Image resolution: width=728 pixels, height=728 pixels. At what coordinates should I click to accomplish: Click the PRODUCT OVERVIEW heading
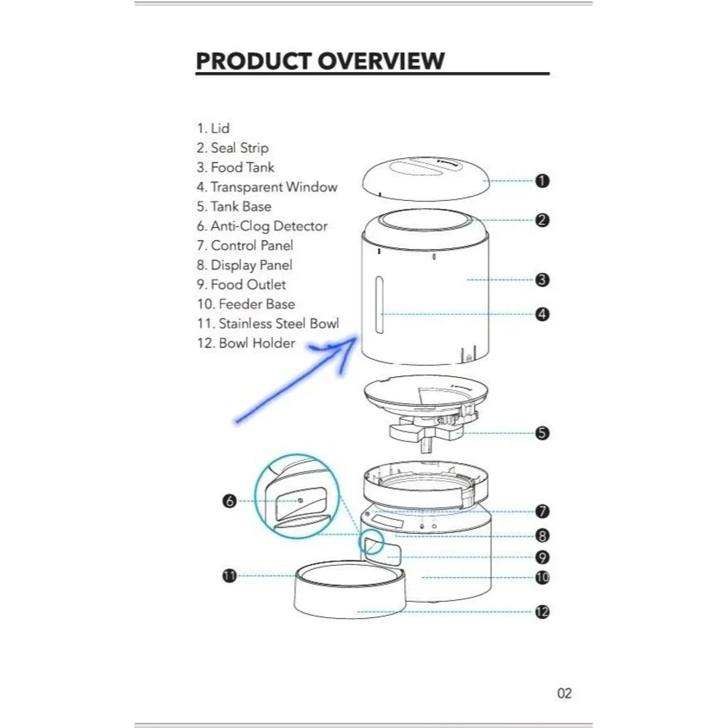(320, 61)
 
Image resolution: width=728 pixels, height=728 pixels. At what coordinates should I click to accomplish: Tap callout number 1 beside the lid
(542, 181)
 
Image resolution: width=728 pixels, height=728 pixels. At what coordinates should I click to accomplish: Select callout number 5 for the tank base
(542, 433)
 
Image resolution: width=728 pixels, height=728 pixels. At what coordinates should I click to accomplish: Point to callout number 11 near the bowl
(230, 576)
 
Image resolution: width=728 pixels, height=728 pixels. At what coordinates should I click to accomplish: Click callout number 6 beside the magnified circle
(230, 501)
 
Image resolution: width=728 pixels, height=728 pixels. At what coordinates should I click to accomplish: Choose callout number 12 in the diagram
(542, 612)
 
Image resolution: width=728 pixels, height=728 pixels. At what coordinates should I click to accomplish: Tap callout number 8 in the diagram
(542, 535)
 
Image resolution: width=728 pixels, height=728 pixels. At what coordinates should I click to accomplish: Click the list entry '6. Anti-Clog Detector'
(262, 226)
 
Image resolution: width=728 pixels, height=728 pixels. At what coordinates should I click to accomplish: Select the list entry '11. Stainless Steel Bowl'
(268, 324)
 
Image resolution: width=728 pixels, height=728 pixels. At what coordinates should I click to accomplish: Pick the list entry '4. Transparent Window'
(267, 187)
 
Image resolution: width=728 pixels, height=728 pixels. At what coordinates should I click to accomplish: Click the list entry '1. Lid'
(213, 128)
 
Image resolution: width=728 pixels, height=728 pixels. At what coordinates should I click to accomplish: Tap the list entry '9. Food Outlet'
(241, 285)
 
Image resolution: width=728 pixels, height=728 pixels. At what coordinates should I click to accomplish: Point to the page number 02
(565, 693)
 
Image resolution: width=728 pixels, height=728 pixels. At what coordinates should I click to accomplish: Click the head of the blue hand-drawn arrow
(356, 339)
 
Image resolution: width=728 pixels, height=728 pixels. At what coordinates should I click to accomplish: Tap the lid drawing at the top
(426, 179)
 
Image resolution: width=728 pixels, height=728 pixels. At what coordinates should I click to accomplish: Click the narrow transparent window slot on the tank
(379, 305)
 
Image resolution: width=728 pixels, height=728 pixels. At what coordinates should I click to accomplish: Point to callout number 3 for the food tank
(542, 280)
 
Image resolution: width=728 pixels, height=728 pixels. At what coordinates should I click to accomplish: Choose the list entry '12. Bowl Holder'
(246, 343)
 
